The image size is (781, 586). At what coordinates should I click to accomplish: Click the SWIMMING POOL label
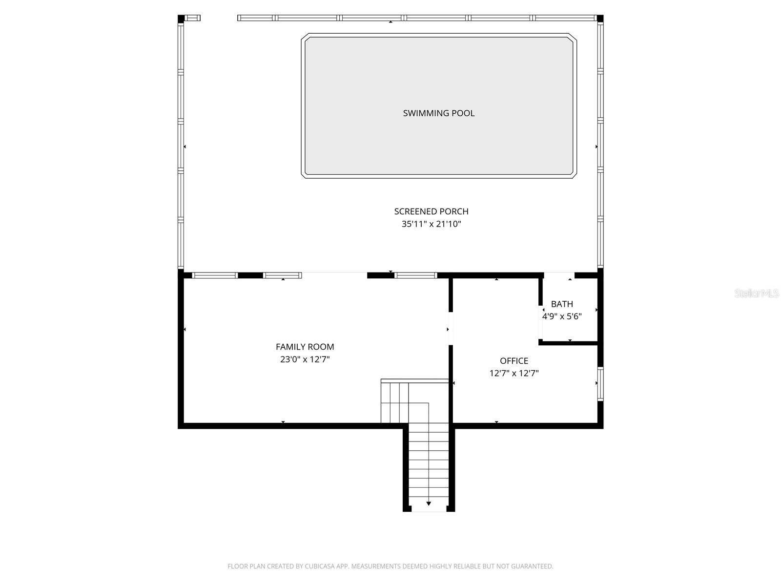(438, 113)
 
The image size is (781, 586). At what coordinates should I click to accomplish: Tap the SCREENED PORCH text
(431, 211)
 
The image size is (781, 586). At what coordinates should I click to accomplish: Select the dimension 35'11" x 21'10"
(431, 225)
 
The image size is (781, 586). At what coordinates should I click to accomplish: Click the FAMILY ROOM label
(305, 347)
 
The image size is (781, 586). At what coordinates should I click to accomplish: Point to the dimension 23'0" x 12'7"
(305, 360)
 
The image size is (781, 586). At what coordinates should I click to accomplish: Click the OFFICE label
(514, 361)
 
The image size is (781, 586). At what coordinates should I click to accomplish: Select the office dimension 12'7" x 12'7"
(514, 374)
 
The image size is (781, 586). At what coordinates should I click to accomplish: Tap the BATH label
(562, 304)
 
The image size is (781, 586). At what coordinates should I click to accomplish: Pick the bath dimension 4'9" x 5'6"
(562, 316)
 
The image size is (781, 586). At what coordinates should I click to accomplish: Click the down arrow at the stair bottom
(429, 503)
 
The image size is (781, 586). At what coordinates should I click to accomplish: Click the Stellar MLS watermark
(756, 293)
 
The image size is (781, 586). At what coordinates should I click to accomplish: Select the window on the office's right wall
(600, 384)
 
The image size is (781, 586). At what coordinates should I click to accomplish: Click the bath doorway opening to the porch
(559, 275)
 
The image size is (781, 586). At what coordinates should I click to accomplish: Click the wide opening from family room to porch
(334, 275)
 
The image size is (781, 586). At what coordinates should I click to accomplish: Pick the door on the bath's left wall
(541, 322)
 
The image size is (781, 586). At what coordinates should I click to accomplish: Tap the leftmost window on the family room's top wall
(215, 275)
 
